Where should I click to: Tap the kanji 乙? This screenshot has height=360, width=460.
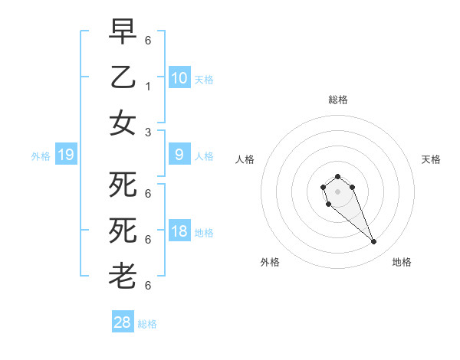point(123,77)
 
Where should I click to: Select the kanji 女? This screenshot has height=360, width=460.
point(123,123)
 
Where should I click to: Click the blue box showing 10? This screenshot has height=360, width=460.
point(179,77)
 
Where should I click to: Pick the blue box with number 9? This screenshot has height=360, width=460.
point(179,155)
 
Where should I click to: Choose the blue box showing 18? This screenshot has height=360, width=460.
point(179,232)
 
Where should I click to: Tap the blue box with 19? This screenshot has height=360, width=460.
point(65,155)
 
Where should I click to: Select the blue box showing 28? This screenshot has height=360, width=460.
point(123,322)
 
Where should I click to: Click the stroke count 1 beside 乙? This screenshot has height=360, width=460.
point(147,86)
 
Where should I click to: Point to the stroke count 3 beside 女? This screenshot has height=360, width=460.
point(147,132)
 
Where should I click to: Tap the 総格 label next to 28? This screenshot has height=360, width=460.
point(147,324)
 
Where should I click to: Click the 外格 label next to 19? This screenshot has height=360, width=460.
point(41,156)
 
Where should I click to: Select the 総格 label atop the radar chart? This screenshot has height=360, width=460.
point(337,100)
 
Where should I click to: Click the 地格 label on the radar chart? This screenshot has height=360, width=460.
point(402,262)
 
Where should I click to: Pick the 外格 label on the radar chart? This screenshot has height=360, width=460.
point(270,262)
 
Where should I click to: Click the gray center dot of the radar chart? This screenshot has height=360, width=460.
point(337,191)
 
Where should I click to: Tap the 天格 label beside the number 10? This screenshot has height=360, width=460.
point(203,79)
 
